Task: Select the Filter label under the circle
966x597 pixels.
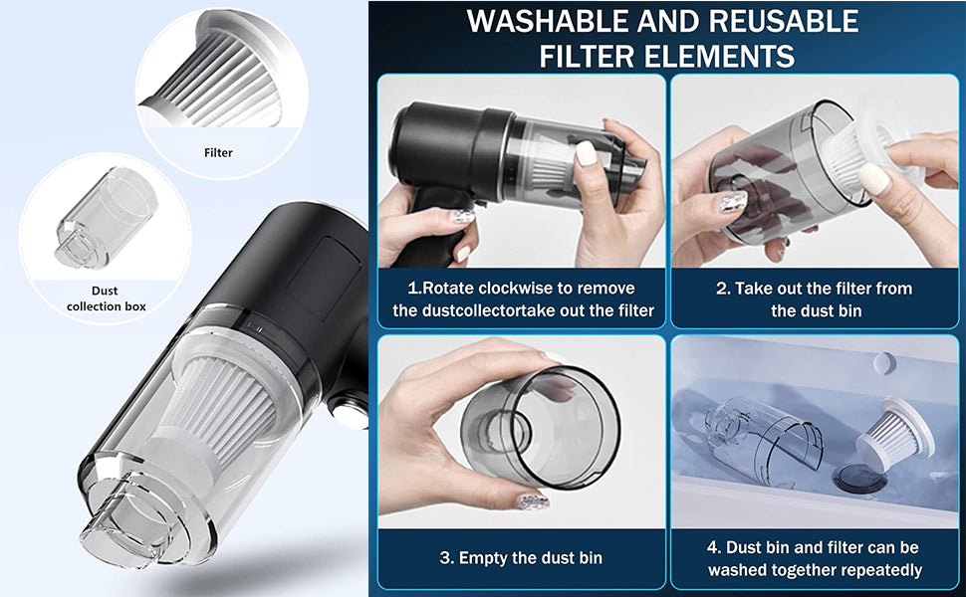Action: tap(218, 152)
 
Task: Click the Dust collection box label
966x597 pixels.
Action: tap(106, 298)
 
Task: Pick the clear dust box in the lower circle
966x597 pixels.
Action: tap(106, 219)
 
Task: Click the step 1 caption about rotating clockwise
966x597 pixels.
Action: tap(523, 299)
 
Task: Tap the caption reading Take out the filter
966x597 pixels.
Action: tap(815, 299)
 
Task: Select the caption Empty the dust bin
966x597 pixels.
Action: tap(521, 557)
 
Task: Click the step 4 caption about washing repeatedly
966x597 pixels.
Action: tap(815, 558)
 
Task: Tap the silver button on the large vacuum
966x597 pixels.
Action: tap(349, 413)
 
